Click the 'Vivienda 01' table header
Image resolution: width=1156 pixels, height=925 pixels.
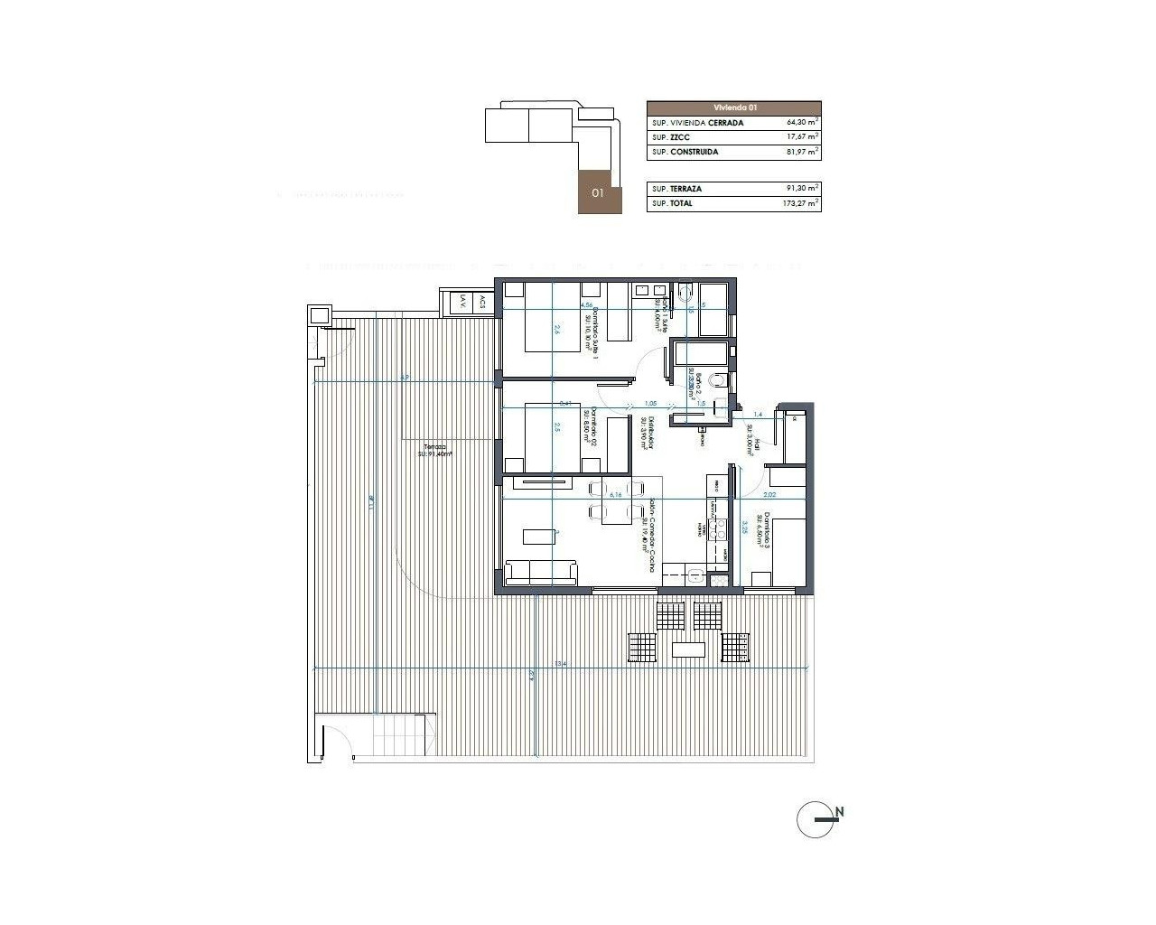click(734, 107)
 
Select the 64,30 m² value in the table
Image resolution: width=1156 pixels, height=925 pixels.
click(802, 122)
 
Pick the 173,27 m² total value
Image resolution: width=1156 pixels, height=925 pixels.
click(802, 204)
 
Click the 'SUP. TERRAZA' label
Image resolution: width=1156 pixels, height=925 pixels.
click(676, 189)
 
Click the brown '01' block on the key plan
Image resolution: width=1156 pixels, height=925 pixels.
click(597, 192)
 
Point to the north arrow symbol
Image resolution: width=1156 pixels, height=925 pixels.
click(819, 819)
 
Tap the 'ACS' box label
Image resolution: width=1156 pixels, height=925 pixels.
click(482, 304)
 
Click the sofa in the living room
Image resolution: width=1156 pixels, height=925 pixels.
click(541, 573)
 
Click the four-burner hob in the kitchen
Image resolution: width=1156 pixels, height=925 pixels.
click(720, 531)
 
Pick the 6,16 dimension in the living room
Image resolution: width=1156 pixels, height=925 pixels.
click(617, 495)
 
